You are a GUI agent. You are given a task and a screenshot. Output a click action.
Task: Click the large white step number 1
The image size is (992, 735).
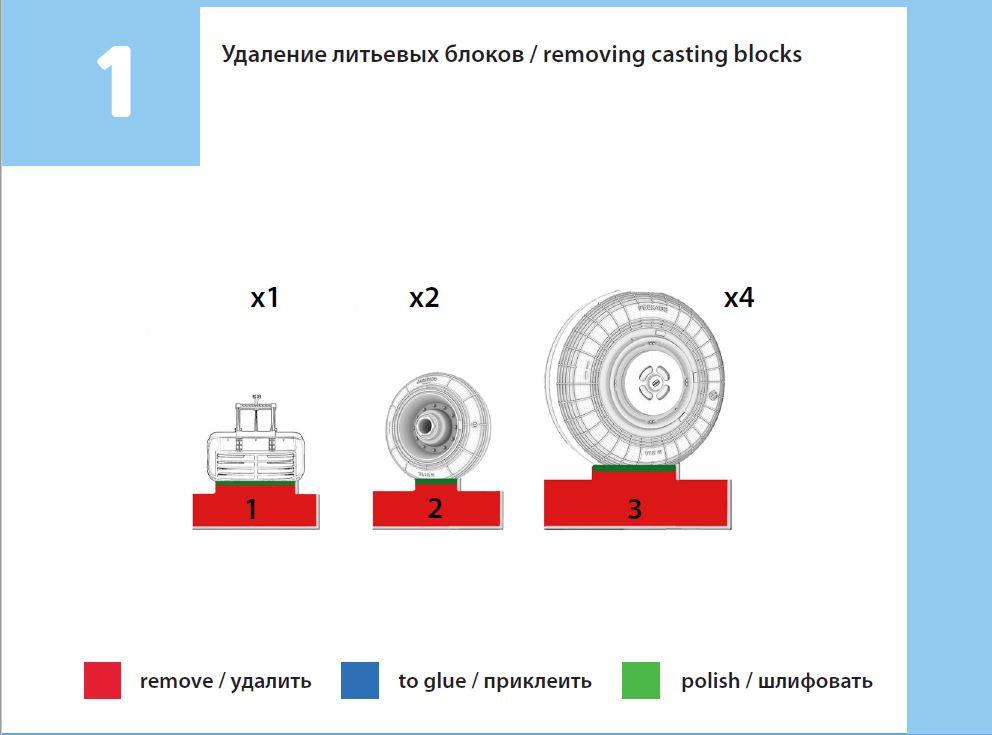click(x=114, y=83)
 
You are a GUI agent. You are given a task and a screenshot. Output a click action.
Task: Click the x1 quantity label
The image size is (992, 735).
click(x=264, y=298)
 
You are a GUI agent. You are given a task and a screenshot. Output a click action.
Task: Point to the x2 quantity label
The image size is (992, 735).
click(x=424, y=298)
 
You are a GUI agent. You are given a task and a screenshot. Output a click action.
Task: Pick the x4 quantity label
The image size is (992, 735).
click(x=738, y=298)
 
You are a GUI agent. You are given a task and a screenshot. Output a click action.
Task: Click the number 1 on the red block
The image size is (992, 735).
click(x=251, y=510)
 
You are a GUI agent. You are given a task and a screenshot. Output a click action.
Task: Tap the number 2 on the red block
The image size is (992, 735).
click(x=434, y=509)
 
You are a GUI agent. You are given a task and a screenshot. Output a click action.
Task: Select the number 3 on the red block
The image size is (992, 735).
click(x=634, y=509)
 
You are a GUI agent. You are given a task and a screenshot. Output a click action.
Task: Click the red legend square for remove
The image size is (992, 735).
click(x=102, y=681)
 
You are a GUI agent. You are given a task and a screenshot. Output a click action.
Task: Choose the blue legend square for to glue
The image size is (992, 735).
click(x=360, y=681)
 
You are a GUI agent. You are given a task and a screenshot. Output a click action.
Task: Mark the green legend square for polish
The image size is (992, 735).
click(x=641, y=681)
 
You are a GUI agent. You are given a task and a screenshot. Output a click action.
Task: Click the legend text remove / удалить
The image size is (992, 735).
click(x=226, y=681)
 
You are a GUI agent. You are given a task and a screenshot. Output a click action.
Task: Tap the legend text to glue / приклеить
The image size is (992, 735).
click(x=495, y=681)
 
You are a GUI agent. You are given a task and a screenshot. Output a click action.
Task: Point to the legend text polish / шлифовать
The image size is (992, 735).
click(x=777, y=681)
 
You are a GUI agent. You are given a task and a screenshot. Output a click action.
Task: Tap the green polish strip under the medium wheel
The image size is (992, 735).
click(x=436, y=483)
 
